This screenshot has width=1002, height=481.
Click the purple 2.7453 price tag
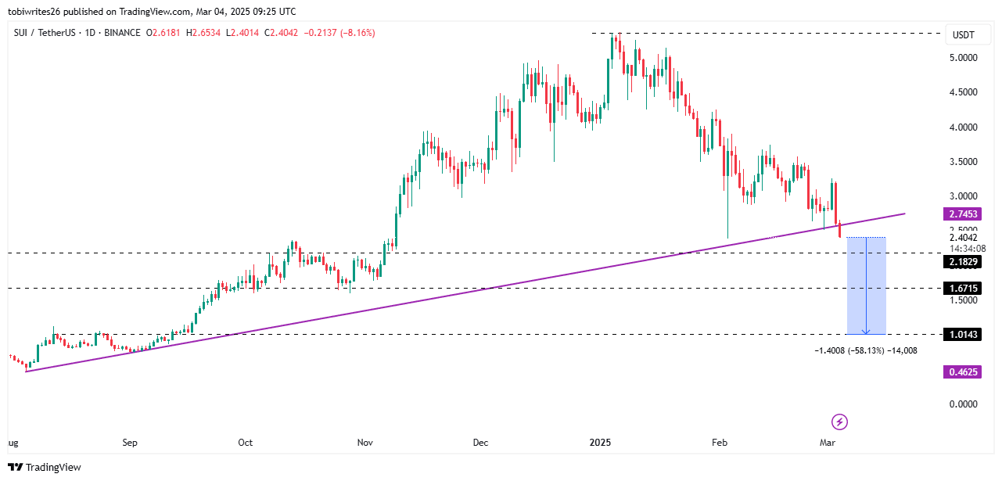962,214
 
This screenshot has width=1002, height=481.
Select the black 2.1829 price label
962,262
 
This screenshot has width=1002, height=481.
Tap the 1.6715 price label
962,289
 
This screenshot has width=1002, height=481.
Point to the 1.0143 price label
962,335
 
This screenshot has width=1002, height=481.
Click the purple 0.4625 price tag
962,372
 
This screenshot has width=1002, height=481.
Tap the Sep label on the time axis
130,443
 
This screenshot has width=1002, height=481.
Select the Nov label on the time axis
365,443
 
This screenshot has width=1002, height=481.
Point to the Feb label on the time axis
719,443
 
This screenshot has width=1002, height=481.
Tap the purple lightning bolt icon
839,422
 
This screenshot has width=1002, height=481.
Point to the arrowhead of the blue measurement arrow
866,332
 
